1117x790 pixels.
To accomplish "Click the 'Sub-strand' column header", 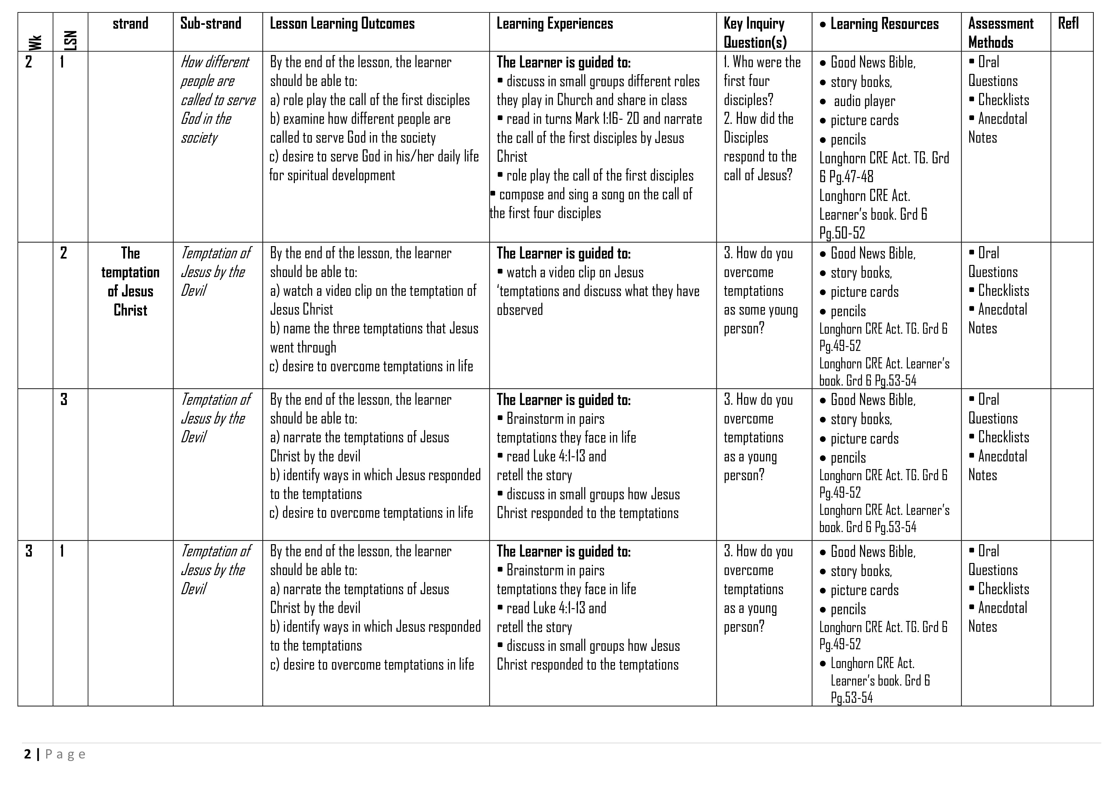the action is pos(211,23).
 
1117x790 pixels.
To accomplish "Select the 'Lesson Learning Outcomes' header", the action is pos(342,23).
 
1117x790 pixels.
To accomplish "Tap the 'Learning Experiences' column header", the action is pos(555,23).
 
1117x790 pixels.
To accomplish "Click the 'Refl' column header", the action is pos(1068,23).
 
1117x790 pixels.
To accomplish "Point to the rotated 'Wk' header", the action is pos(35,42).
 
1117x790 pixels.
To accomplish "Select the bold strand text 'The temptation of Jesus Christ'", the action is pos(130,282).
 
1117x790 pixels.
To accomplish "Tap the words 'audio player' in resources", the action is pos(864,101).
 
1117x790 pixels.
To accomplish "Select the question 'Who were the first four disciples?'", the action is pos(762,81).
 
